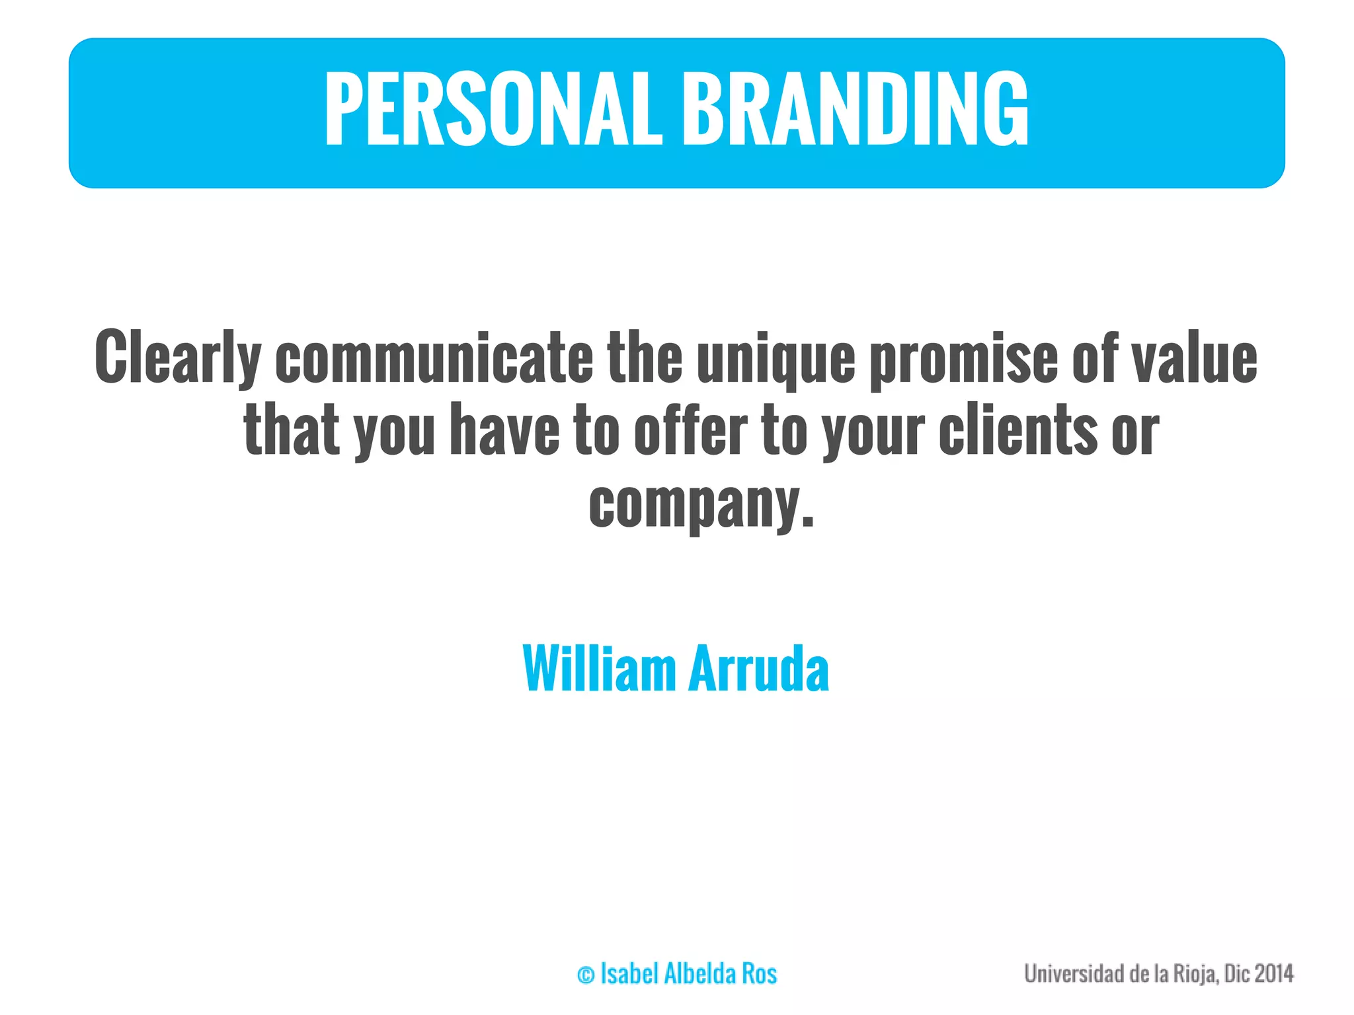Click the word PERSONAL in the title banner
point(493,109)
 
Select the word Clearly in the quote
point(177,357)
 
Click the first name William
point(599,669)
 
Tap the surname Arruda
point(758,669)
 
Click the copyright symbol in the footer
point(586,975)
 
